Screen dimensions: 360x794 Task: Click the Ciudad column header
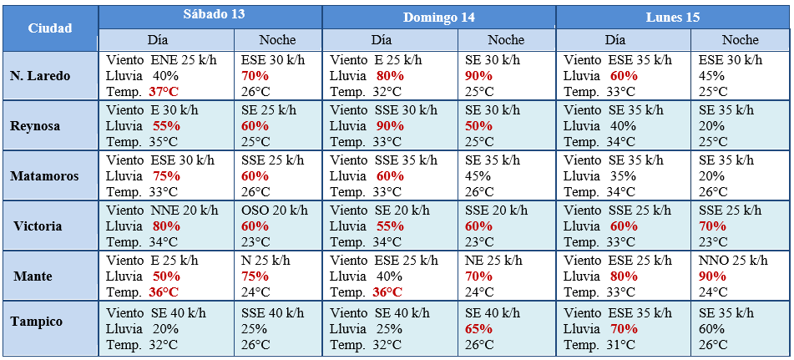point(50,28)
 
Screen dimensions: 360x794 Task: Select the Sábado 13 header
point(210,16)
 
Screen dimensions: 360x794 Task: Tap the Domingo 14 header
point(439,17)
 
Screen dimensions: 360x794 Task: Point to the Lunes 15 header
point(672,17)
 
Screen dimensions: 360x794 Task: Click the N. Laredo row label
point(40,76)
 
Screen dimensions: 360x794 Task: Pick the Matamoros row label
point(43,176)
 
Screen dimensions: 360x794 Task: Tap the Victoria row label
point(38,226)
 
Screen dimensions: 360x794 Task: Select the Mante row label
point(33,276)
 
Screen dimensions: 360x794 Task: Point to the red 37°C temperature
point(164,92)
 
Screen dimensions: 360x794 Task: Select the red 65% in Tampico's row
point(478,328)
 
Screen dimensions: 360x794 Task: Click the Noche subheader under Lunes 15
point(740,39)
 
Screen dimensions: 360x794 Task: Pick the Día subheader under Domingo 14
point(382,39)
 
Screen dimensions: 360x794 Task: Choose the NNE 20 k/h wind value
point(184,210)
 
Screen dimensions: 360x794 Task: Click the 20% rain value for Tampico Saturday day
point(165,328)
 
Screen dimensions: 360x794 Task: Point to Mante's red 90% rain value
point(712,276)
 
